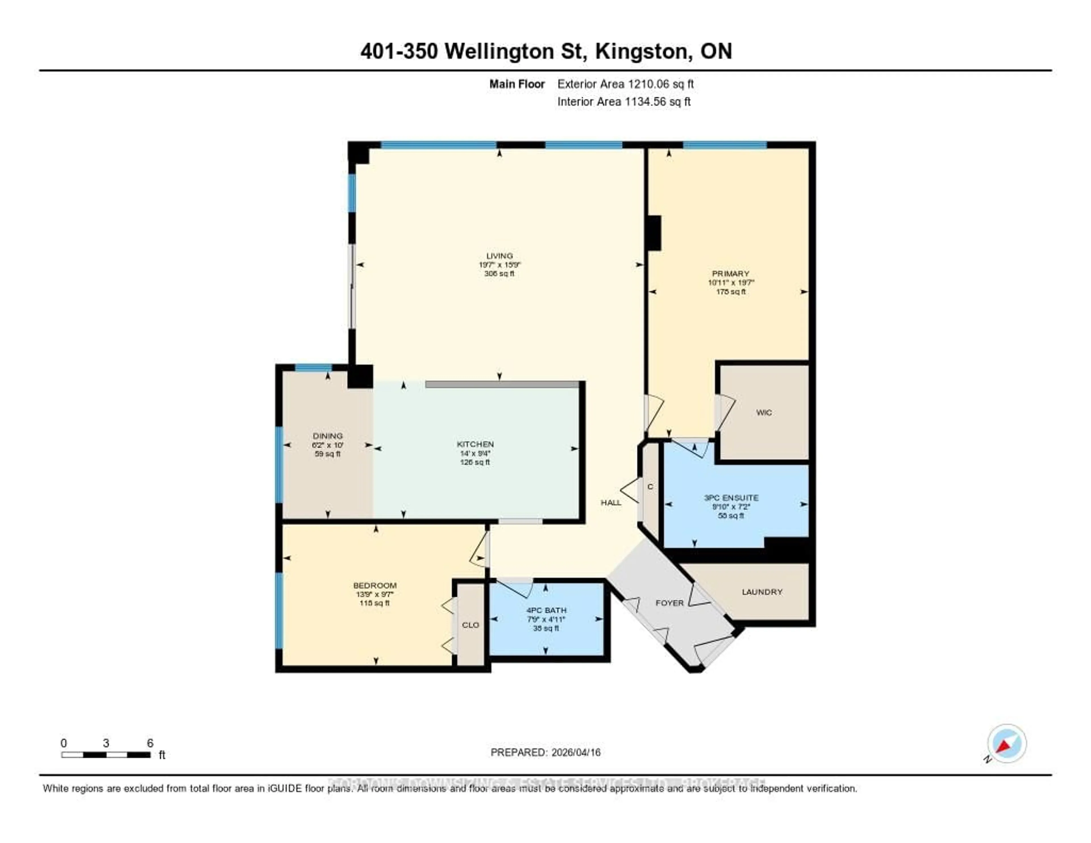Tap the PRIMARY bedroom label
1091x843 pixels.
coord(730,274)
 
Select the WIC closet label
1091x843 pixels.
coord(764,412)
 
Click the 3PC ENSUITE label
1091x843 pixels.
coord(731,498)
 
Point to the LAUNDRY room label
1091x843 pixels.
coord(762,592)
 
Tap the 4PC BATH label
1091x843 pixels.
coord(546,610)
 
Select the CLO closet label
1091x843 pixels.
coord(470,625)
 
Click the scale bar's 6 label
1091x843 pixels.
coord(150,743)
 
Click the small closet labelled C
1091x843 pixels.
coord(650,487)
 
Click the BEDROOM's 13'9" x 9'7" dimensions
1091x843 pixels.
coord(375,594)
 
